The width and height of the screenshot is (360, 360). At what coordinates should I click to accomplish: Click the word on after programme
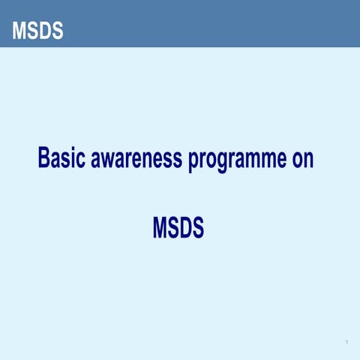coord(303,159)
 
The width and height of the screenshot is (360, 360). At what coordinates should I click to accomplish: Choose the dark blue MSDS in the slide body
coord(178,227)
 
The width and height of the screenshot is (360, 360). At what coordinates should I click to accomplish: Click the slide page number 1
coord(346,343)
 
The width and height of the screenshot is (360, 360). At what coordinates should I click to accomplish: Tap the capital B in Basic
coord(44,159)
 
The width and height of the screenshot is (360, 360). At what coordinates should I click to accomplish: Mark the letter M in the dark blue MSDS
coord(160,227)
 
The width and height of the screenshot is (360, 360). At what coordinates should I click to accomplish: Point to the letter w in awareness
coord(112,160)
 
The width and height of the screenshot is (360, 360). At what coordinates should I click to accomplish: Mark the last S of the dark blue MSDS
coord(196,227)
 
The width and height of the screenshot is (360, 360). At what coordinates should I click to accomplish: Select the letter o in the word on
coord(297,160)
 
